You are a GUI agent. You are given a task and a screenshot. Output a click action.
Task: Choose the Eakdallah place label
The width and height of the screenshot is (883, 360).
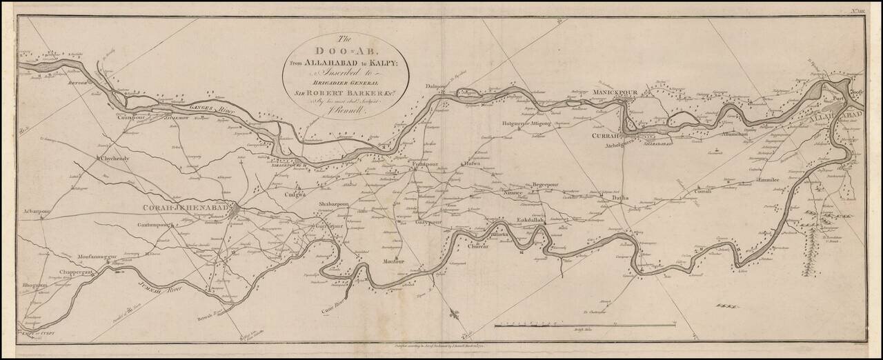pos(530,220)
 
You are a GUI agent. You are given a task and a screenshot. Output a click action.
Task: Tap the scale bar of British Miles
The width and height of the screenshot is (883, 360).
pos(585,324)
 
